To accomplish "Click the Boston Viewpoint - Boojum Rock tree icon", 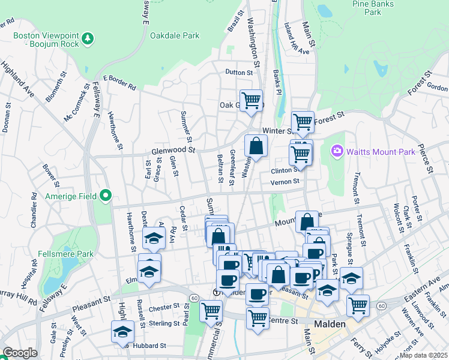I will (x=89, y=39).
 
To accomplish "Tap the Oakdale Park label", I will (x=174, y=35).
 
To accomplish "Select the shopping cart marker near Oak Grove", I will (x=250, y=100).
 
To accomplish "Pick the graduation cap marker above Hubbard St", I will (x=123, y=331).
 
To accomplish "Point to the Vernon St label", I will (x=285, y=182).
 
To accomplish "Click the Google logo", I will (x=20, y=353).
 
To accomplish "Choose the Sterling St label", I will (x=164, y=323).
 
